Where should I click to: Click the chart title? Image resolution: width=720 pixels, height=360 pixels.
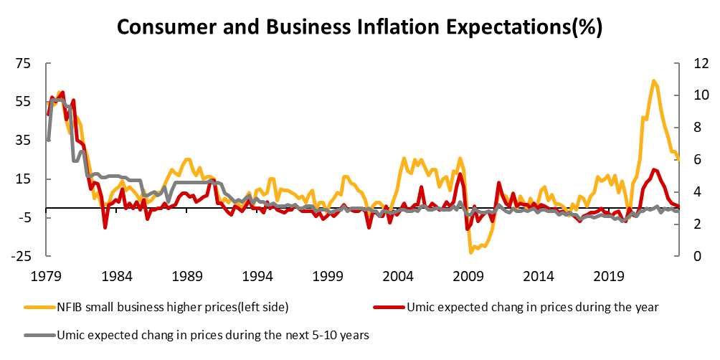(x=359, y=27)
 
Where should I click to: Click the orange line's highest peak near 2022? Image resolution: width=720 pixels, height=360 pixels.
(x=653, y=80)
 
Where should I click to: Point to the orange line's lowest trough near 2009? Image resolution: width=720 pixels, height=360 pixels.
(x=471, y=252)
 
